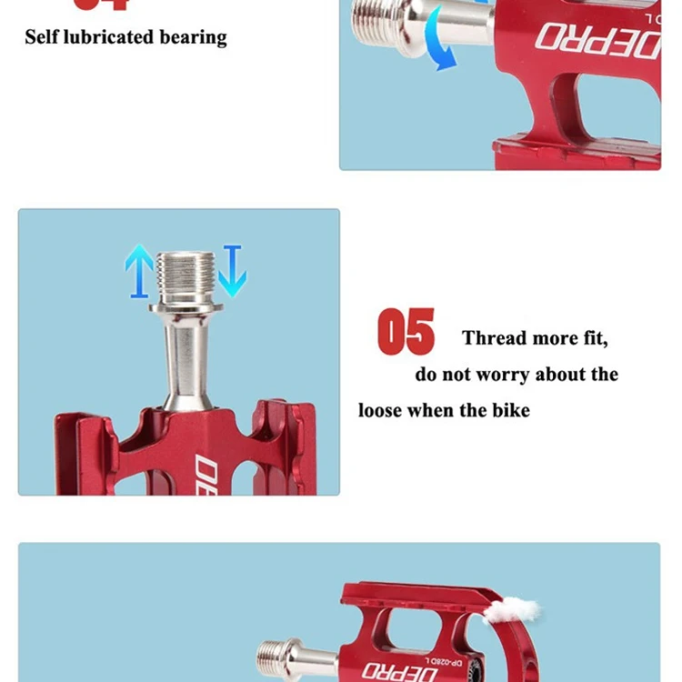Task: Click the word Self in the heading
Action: (x=42, y=37)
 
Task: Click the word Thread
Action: (x=495, y=338)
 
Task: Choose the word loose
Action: (x=380, y=410)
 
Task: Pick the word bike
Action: (x=510, y=410)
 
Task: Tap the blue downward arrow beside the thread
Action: (x=232, y=270)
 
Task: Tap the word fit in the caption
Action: (x=593, y=338)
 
